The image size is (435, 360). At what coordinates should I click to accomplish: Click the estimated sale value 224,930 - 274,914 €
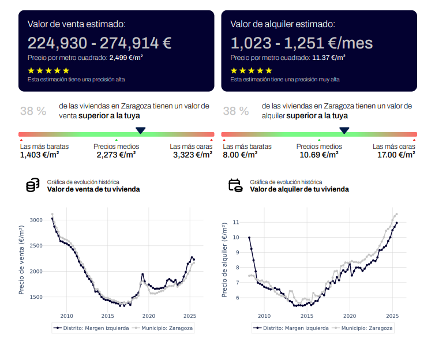click(x=100, y=43)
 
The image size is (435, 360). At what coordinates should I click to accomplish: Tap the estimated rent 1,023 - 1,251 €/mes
click(x=301, y=43)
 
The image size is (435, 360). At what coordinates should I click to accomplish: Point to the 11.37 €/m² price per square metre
click(x=329, y=58)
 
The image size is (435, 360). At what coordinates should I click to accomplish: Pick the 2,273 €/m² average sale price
click(x=116, y=155)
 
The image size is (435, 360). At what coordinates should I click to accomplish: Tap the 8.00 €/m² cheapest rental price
click(x=240, y=155)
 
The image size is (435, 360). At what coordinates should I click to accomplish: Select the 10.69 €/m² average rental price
click(x=319, y=155)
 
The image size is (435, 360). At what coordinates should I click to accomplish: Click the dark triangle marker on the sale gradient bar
click(x=141, y=130)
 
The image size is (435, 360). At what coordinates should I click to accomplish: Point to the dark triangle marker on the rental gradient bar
click(x=344, y=130)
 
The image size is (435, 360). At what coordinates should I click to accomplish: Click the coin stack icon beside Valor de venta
click(x=33, y=185)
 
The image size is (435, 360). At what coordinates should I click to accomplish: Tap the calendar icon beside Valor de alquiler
click(x=235, y=185)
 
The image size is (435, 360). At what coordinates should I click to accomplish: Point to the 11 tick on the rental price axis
click(x=235, y=222)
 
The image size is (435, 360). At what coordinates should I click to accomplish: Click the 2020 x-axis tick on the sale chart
click(x=149, y=316)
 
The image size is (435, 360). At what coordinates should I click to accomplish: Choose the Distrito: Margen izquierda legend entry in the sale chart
click(x=91, y=328)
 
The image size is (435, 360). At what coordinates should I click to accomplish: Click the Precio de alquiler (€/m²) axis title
click(x=225, y=260)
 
